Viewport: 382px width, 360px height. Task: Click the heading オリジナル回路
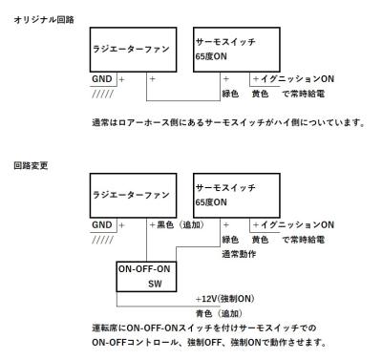point(35,19)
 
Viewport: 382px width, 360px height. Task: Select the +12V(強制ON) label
point(225,298)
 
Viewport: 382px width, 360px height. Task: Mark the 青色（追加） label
point(222,312)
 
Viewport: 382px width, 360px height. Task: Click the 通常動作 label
point(241,253)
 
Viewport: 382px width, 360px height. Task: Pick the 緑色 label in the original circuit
point(230,93)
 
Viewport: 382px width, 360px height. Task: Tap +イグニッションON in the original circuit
point(293,78)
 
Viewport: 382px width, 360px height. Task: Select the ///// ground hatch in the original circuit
point(103,93)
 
